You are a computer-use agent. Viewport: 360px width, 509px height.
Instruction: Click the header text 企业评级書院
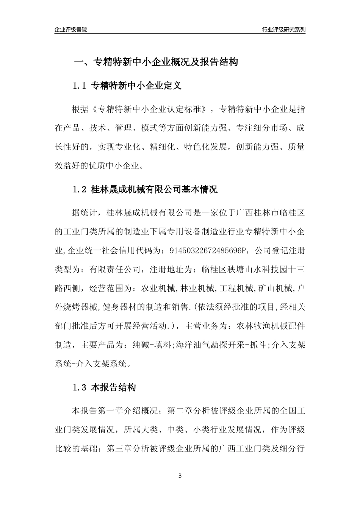pyautogui.click(x=71, y=30)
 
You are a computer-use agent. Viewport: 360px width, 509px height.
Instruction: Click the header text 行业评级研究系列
pyautogui.click(x=283, y=30)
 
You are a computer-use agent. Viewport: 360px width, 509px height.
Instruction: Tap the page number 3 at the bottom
pyautogui.click(x=180, y=476)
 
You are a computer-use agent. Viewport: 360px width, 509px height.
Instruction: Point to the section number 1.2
pyautogui.click(x=80, y=189)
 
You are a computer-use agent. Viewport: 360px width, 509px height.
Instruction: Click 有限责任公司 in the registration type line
pyautogui.click(x=115, y=270)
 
